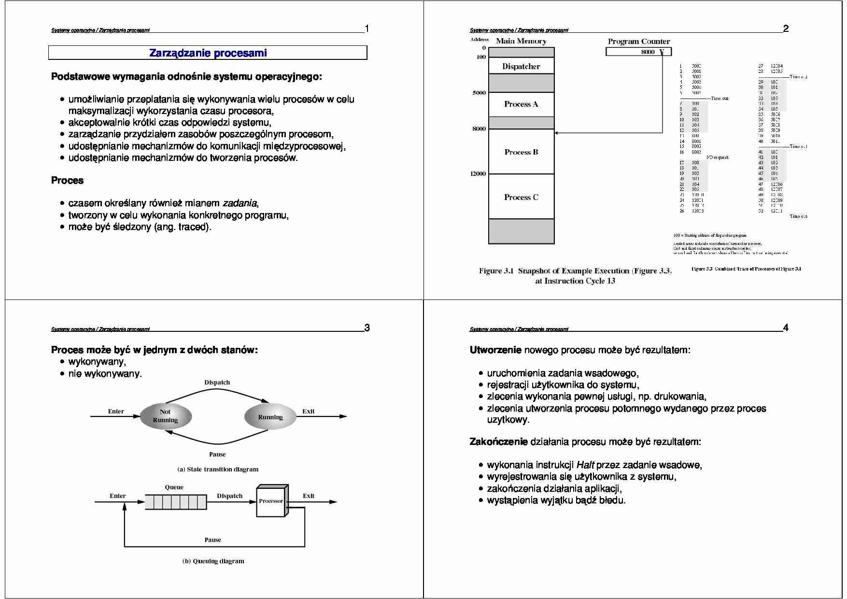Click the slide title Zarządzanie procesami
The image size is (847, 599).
[208, 53]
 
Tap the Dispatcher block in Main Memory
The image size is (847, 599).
[521, 66]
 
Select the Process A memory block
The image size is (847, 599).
[521, 104]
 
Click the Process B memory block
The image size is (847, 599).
[521, 152]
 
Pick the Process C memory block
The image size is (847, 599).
[521, 197]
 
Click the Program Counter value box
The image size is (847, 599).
[638, 52]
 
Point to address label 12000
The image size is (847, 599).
[478, 174]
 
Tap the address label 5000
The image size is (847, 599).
[479, 93]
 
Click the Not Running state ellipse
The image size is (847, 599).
[166, 416]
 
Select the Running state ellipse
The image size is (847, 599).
[270, 417]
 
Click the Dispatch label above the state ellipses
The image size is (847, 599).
[217, 382]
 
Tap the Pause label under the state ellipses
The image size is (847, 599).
[217, 454]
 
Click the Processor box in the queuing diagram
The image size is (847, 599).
[271, 501]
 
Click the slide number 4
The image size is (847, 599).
[786, 328]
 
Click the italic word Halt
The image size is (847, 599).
[585, 465]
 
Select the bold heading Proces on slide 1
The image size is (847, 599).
[67, 181]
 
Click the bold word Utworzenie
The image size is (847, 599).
[495, 350]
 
